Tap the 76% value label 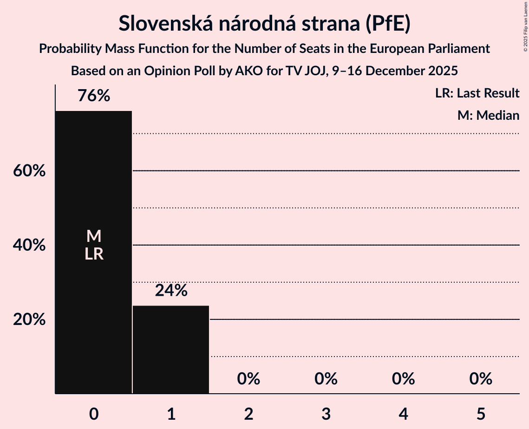[x=94, y=96]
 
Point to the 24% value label [x=171, y=291]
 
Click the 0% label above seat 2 [x=248, y=379]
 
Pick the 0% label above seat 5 [x=481, y=379]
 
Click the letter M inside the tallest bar [x=94, y=236]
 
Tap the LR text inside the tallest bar [x=94, y=254]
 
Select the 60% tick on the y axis [x=29, y=171]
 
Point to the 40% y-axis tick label [x=29, y=245]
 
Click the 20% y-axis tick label [x=29, y=319]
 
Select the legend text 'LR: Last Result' [x=477, y=93]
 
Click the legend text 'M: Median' [x=488, y=116]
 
